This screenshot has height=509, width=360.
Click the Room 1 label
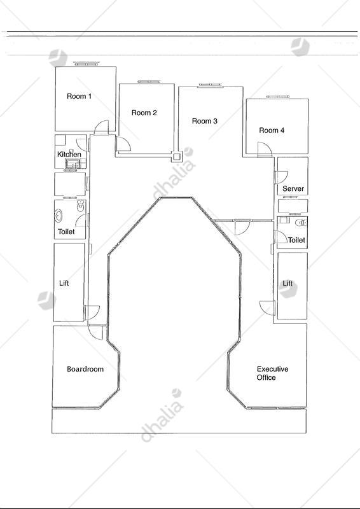coord(79,96)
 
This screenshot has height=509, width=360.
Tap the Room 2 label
coord(144,113)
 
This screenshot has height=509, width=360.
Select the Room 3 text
coord(205,121)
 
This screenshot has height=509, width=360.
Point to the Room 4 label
coord(272,130)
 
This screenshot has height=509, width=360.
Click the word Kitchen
coord(69,154)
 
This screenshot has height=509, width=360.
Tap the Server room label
coord(293,188)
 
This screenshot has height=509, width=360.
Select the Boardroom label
coord(85,369)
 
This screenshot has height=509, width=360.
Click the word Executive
coord(272,369)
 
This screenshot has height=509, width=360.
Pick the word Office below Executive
coord(267,377)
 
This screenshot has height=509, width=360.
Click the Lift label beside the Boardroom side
coord(64,283)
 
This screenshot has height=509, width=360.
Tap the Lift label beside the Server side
coord(287,283)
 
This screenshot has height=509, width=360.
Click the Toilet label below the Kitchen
coord(66,232)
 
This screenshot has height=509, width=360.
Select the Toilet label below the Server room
coord(296,241)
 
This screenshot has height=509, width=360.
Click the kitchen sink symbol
coord(73,164)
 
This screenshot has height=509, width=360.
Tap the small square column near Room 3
coord(176,157)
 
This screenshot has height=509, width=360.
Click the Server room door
coord(281,177)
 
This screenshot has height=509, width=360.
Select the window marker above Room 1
coord(87,63)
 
